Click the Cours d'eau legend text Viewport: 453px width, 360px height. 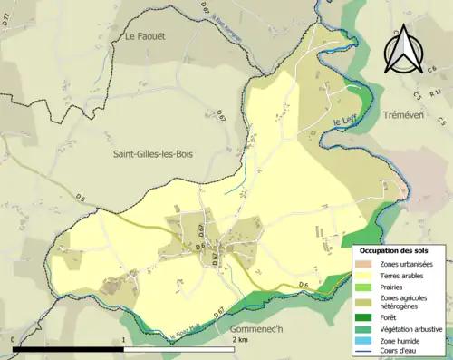point(402,354)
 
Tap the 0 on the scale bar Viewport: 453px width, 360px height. point(14,340)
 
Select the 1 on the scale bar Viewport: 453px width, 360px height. point(124,340)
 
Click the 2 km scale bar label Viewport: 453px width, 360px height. point(239,340)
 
